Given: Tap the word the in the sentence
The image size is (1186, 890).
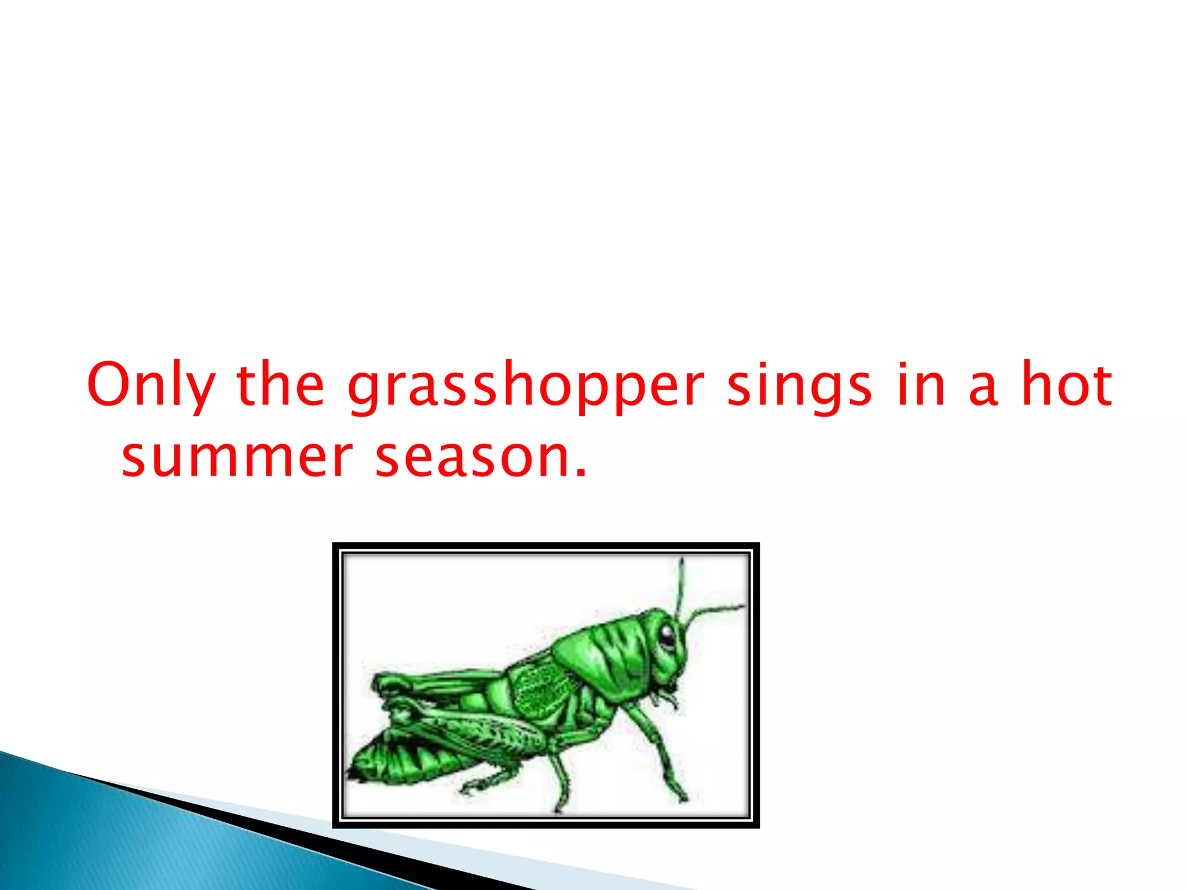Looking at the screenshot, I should point(280,384).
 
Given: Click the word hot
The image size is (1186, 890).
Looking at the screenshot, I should point(1066,384).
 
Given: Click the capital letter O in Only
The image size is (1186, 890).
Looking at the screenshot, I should point(109,384).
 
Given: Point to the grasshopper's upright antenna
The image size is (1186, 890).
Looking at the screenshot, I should point(681,585).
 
